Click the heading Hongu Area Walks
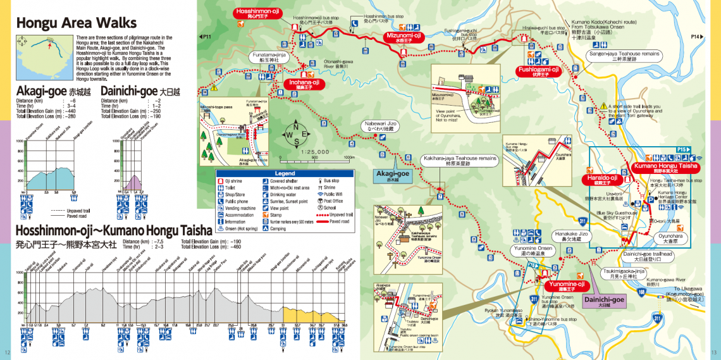(x=76, y=23)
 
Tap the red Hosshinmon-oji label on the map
(x=258, y=13)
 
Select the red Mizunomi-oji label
(x=404, y=36)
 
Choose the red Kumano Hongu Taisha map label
(x=665, y=167)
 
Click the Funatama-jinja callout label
(x=270, y=57)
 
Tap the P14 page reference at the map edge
(x=696, y=37)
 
